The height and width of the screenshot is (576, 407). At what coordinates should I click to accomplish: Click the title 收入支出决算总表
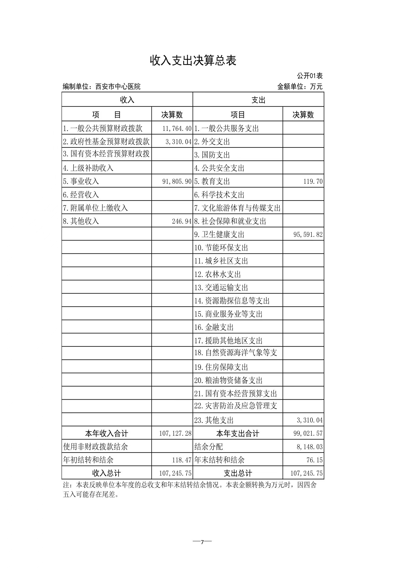(193, 61)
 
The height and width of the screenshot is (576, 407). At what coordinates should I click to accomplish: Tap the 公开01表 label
(310, 75)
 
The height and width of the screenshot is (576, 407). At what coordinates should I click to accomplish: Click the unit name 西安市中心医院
(118, 87)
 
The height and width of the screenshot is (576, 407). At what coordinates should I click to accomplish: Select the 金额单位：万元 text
(300, 87)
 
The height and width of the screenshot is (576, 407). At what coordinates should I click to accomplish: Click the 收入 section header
(127, 100)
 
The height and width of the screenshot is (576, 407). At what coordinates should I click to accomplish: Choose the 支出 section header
(258, 100)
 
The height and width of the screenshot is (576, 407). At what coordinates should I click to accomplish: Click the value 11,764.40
(177, 128)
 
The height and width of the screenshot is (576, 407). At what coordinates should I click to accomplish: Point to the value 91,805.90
(177, 181)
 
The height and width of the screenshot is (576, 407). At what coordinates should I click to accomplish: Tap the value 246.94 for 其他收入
(182, 221)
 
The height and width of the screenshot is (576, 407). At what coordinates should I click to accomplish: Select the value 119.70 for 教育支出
(313, 181)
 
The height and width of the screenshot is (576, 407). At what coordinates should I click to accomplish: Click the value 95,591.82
(308, 235)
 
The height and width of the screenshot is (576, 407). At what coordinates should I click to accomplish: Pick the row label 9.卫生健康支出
(219, 235)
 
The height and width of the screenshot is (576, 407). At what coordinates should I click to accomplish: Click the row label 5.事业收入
(81, 181)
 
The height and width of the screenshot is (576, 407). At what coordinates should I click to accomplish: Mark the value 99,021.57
(308, 433)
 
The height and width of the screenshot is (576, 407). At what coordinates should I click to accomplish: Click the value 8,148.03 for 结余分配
(309, 447)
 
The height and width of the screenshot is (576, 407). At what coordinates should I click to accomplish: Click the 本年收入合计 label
(107, 433)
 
